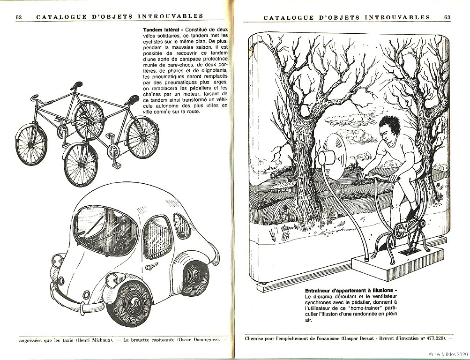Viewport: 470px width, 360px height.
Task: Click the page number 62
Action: tap(19, 17)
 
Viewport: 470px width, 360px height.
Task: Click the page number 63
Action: tap(447, 17)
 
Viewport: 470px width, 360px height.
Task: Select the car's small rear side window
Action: tap(182, 226)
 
